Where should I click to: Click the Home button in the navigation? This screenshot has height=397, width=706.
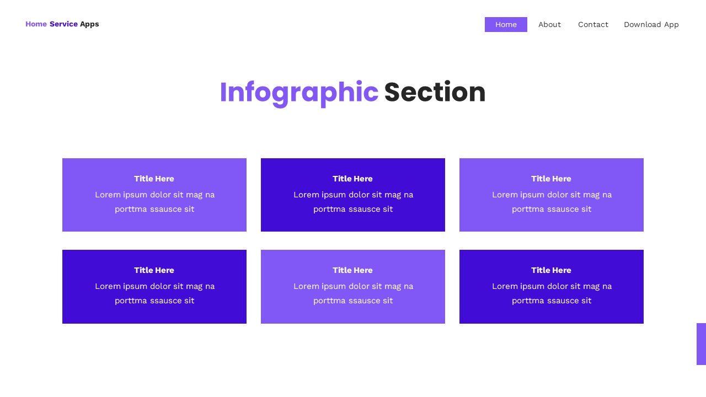506,24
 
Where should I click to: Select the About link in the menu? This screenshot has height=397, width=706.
549,24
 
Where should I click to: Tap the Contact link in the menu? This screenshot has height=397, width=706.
593,24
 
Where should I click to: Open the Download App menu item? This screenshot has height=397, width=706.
651,24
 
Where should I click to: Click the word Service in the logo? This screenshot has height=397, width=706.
63,24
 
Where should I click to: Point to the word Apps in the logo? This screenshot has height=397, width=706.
89,24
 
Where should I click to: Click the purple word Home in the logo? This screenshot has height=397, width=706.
36,24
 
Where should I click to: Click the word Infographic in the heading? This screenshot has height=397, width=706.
298,92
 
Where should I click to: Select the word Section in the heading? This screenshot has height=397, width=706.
435,92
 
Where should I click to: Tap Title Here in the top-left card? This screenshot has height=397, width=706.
154,179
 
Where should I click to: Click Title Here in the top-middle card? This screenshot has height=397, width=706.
352,179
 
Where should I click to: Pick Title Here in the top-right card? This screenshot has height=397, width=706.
551,179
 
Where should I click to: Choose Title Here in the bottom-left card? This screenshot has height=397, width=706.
154,270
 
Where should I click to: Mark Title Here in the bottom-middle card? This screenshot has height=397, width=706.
352,270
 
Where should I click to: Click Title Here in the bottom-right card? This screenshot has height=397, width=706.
551,270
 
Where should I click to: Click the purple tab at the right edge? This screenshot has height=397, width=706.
701,344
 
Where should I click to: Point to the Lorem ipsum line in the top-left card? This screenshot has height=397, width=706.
154,195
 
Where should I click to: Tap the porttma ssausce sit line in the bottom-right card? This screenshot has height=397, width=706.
552,301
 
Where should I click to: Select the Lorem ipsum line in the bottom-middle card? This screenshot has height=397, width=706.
353,286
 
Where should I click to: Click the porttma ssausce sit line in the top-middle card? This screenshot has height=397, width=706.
353,209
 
